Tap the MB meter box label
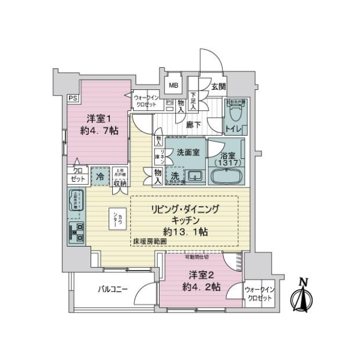173,85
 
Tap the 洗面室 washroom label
189,152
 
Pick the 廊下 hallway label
193,125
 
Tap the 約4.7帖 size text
96,130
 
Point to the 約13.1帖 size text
185,230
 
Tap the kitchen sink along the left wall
77,202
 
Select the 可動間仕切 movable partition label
196,257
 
